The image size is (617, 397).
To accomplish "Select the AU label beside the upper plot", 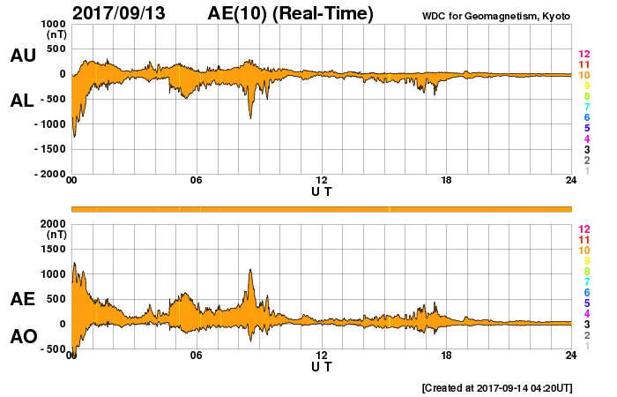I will click(22, 56).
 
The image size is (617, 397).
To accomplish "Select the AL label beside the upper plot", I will click(22, 101).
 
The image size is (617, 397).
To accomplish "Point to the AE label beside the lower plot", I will click(22, 299).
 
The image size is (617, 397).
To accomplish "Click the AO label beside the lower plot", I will click(22, 337).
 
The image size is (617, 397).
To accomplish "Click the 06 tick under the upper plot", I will click(196, 181).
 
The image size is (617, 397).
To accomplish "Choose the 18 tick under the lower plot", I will click(446, 356).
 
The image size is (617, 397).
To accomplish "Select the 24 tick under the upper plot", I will click(571, 181).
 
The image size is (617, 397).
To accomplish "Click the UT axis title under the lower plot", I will click(321, 365).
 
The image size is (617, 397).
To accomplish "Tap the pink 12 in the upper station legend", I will click(584, 54).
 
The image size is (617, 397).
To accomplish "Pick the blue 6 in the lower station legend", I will click(586, 292).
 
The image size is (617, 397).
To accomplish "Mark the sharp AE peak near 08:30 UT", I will click(251, 270).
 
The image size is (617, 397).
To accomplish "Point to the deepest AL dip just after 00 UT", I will click(74, 136).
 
